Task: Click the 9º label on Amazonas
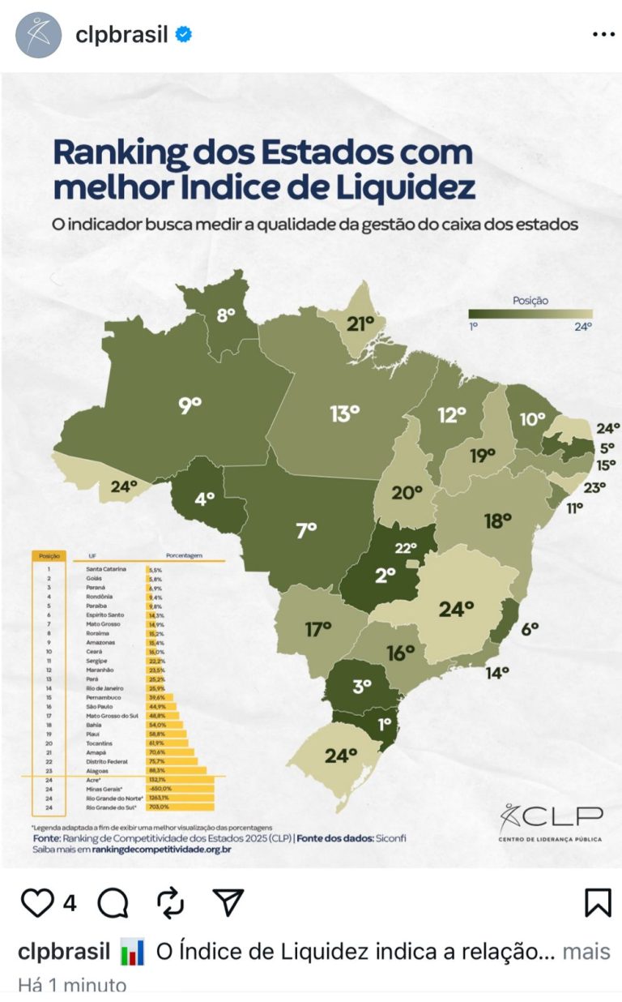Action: [x=190, y=405]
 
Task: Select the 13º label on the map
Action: [x=344, y=413]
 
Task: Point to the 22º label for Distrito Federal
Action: [x=407, y=548]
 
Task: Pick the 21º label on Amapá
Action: [x=360, y=324]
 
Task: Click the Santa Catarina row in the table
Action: [x=106, y=569]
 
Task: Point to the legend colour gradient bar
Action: [x=530, y=314]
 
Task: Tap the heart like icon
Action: [x=37, y=902]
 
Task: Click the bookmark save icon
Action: [x=598, y=902]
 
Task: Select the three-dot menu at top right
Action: [x=603, y=35]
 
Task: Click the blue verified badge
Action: [x=184, y=35]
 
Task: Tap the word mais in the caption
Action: [x=586, y=951]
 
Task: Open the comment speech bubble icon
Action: [x=113, y=902]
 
